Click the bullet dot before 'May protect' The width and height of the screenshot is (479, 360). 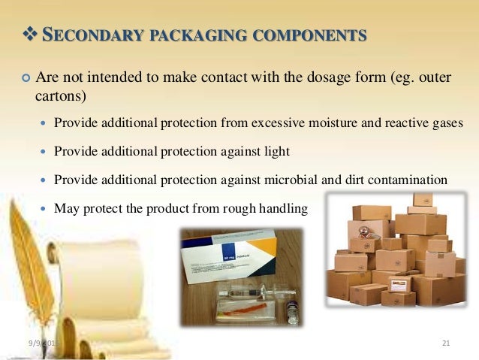point(44,208)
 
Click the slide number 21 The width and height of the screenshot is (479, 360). point(446,343)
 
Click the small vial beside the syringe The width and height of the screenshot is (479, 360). point(292,310)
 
